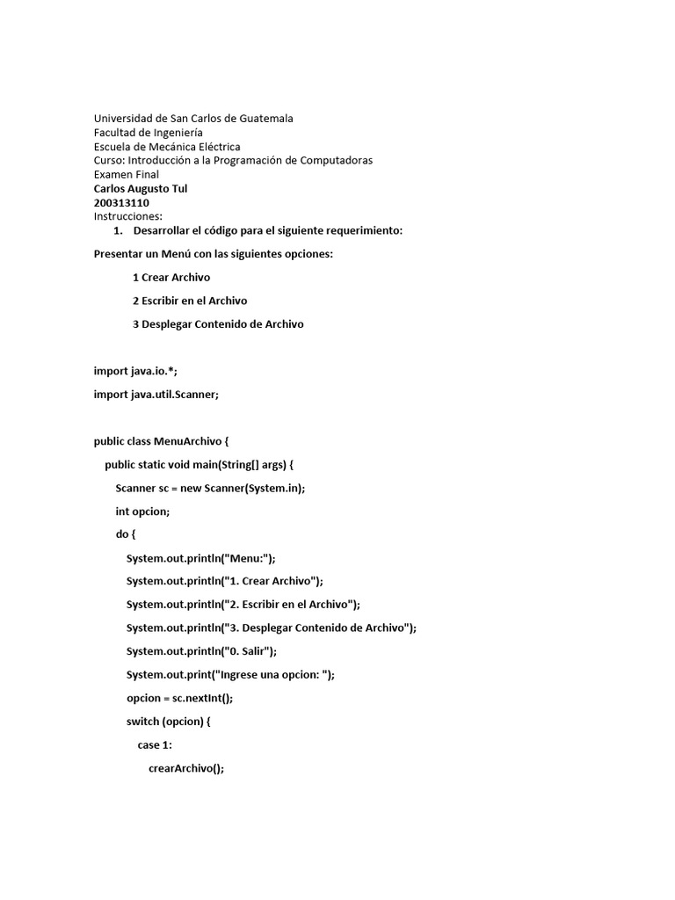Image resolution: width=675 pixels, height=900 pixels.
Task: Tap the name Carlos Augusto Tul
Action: [141, 188]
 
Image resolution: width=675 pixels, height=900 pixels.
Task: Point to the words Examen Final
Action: [127, 174]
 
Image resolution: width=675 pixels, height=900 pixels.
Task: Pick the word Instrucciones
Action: [128, 216]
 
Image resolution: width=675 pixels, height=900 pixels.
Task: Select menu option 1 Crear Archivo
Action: [171, 277]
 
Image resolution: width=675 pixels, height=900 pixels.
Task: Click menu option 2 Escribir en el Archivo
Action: [190, 301]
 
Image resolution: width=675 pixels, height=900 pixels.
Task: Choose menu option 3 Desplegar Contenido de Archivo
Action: [218, 324]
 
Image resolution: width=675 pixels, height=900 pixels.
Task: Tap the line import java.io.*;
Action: [135, 371]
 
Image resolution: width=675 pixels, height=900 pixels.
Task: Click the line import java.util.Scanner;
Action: [156, 395]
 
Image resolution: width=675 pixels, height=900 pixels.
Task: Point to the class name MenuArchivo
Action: [187, 441]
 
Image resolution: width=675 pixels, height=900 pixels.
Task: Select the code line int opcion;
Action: [142, 511]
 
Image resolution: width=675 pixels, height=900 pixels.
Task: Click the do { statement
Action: [126, 534]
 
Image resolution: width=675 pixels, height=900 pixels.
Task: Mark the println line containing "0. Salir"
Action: [201, 651]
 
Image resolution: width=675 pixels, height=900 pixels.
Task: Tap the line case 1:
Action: [155, 744]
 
